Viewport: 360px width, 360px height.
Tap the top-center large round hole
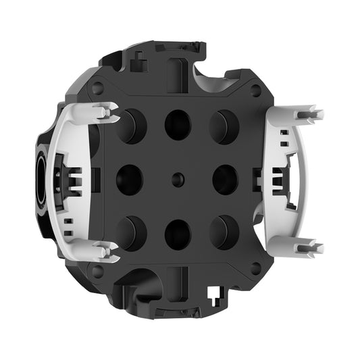[x=178, y=124]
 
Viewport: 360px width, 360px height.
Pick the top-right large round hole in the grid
[x=224, y=126]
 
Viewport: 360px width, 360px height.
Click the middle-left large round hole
[x=129, y=179]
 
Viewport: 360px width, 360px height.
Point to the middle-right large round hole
[x=225, y=180]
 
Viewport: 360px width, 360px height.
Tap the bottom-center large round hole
[x=178, y=234]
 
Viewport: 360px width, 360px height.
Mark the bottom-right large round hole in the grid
[x=224, y=232]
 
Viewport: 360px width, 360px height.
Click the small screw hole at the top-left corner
[x=98, y=88]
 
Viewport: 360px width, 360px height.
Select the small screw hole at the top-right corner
[x=256, y=89]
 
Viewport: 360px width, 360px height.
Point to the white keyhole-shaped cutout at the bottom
[x=215, y=296]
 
